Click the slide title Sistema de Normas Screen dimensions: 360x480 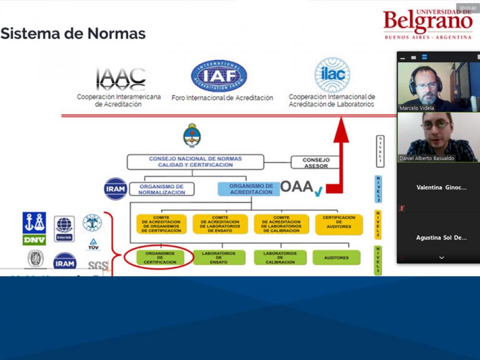73,34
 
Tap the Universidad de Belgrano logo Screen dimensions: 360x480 427,23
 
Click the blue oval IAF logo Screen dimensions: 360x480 219,76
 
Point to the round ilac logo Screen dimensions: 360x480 332,75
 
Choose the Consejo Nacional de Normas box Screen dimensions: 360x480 195,162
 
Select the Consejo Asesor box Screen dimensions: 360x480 315,163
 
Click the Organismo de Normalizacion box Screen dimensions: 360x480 161,189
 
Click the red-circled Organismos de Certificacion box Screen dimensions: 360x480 159,257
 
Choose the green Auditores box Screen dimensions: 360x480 336,258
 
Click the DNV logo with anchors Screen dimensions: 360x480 35,228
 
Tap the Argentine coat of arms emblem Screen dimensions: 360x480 192,136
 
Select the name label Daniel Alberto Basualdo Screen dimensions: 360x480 426,158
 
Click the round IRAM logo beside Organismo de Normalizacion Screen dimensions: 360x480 116,189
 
